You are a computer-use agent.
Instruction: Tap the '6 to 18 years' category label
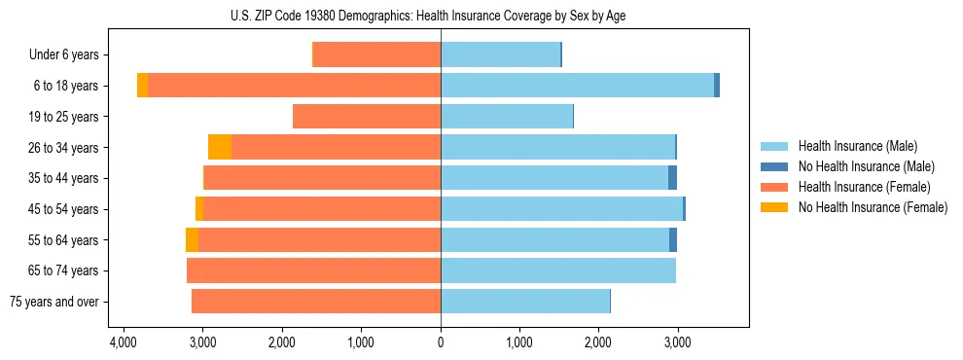click(x=65, y=86)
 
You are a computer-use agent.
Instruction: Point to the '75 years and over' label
click(x=54, y=302)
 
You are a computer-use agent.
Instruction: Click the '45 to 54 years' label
click(x=63, y=209)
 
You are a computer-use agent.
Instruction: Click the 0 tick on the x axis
click(x=441, y=343)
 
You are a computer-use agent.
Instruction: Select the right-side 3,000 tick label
click(x=677, y=343)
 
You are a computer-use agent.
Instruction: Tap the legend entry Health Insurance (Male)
click(x=857, y=146)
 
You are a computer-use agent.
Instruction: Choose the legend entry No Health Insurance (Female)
click(x=872, y=207)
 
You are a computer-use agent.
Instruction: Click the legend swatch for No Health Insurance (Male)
click(x=775, y=166)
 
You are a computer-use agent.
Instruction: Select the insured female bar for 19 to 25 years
click(x=367, y=117)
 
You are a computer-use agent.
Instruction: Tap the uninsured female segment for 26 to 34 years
click(x=220, y=147)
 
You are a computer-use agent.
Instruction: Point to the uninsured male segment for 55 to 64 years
click(x=673, y=240)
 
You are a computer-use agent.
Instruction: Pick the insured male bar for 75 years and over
click(x=525, y=302)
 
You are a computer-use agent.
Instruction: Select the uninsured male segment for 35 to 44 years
click(x=672, y=178)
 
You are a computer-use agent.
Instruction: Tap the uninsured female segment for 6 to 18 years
click(x=142, y=86)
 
